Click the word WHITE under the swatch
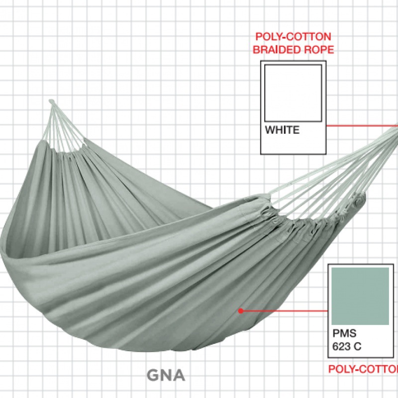tap(282, 130)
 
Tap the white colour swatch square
tap(293, 92)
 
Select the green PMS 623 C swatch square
tap(360, 296)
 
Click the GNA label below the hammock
tap(166, 375)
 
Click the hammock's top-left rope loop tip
tap(51, 102)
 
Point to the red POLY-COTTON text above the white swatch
tap(293, 37)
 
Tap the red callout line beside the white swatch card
tap(361, 125)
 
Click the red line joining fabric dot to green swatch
tap(284, 311)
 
